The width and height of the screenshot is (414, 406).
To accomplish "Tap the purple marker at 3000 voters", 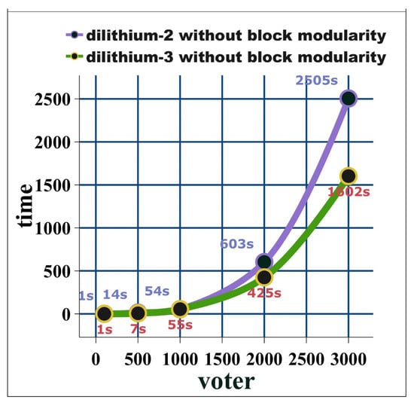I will [349, 98].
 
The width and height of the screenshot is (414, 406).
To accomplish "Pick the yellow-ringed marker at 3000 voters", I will [349, 176].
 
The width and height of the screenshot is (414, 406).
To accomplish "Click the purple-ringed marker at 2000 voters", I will [264, 261].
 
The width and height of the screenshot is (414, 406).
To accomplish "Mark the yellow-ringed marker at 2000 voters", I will [264, 277].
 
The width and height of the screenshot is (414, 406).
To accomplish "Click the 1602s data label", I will [349, 193].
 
